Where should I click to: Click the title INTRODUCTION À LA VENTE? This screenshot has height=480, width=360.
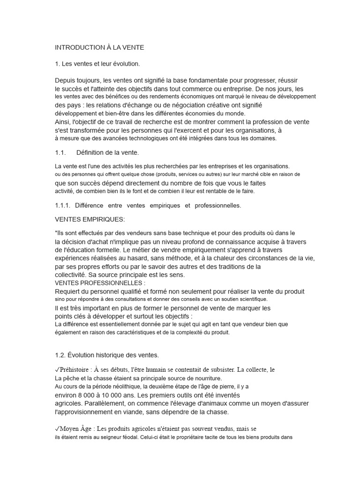point(99,47)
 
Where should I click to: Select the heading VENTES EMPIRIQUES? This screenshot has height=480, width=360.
point(90,219)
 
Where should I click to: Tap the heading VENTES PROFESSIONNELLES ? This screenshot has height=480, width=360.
point(100,283)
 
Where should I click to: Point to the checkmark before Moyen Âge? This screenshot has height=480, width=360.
point(57,428)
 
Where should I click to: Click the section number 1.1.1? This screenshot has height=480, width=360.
point(62,205)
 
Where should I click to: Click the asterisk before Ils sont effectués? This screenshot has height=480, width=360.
point(56,232)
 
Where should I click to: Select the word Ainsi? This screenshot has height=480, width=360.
point(63,122)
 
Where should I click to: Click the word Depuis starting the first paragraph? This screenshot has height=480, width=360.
point(65,80)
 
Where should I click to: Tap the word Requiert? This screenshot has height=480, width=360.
point(67,291)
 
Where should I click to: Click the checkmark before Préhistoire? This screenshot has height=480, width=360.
point(57,370)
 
